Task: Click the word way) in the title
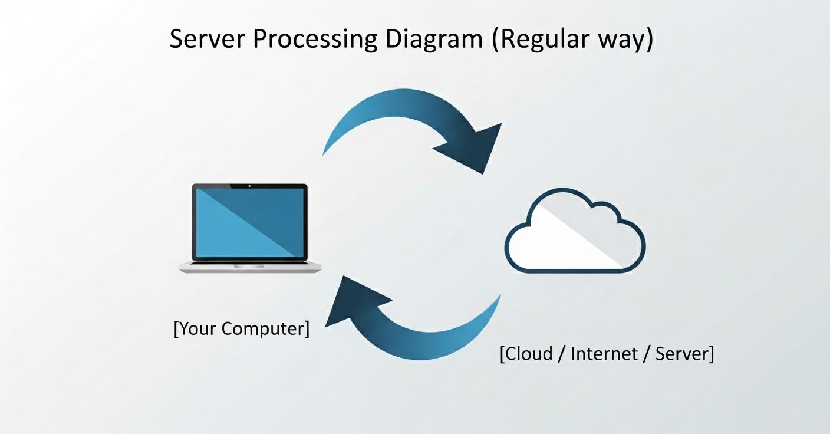[x=623, y=39]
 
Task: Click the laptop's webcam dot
[x=250, y=186]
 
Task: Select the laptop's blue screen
[x=250, y=223]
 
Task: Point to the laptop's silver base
[x=251, y=267]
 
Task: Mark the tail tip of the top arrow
[x=324, y=153]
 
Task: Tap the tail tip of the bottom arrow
[x=499, y=297]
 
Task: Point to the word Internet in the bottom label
[x=604, y=354]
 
